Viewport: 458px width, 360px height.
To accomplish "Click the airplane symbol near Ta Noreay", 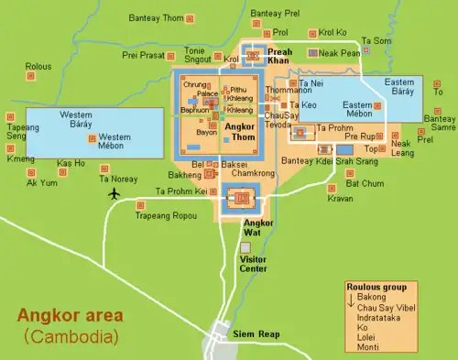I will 114,193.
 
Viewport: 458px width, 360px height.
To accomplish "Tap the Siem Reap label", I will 256,333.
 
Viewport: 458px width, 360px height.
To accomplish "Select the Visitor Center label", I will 253,265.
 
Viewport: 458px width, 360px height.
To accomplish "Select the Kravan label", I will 340,199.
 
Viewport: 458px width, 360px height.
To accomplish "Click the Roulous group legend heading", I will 376,288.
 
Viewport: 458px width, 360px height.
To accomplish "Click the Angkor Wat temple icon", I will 242,196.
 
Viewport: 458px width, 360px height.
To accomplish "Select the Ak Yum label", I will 41,183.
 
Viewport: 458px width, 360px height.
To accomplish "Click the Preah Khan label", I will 279,57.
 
